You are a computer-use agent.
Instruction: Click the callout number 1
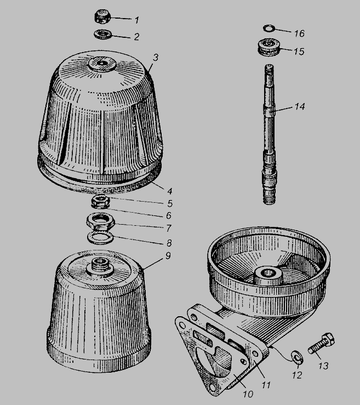[137, 20]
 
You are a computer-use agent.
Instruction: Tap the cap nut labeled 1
[102, 16]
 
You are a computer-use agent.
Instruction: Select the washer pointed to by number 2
[103, 35]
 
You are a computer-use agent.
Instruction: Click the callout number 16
[299, 33]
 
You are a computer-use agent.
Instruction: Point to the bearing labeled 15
[269, 47]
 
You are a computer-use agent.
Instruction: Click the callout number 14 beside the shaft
[300, 106]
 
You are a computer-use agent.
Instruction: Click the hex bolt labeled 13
[322, 344]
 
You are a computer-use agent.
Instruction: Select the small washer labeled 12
[296, 357]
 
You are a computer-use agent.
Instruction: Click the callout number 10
[248, 394]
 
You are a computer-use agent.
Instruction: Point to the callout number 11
[266, 385]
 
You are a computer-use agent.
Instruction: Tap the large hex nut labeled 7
[100, 221]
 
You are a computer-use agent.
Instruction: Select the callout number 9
[168, 256]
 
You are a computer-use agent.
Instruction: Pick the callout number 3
[155, 58]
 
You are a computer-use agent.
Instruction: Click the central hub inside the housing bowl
[268, 276]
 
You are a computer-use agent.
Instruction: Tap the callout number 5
[170, 203]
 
